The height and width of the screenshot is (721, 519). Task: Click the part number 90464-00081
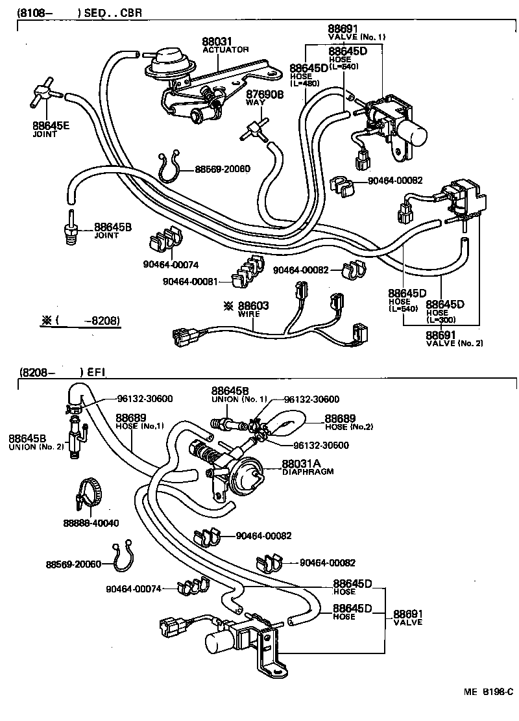[x=187, y=282]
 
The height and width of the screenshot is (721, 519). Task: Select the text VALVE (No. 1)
[x=356, y=37]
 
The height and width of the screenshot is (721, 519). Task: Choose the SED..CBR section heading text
[x=115, y=12]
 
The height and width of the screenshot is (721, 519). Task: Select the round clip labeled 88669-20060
[x=169, y=168]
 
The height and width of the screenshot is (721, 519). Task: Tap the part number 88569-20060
[x=73, y=564]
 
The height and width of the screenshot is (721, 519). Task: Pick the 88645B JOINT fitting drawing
[x=68, y=228]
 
